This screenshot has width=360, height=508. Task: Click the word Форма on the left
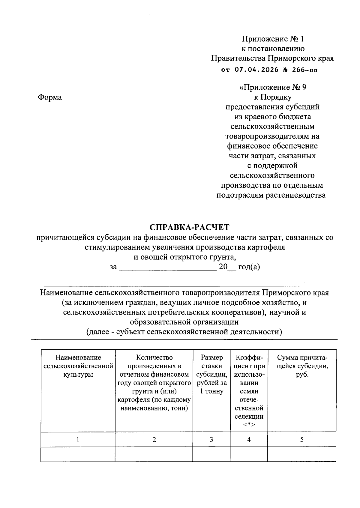coord(50,97)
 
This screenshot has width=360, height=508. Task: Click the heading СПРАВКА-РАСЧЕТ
coord(189,227)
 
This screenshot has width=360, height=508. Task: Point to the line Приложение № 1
coord(273,39)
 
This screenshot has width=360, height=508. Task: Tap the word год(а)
coord(249,267)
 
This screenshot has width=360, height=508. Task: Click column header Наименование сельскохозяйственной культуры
coord(78,366)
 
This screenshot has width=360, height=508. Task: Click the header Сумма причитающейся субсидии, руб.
coord(302,366)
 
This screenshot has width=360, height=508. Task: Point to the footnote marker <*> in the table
coord(249,425)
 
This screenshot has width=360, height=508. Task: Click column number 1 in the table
coord(78,440)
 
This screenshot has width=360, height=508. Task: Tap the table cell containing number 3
coord(211,440)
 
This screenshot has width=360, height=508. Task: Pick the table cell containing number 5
coord(302,440)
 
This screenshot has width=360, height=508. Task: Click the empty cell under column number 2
coord(154,454)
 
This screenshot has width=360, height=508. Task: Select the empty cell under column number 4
coord(249,454)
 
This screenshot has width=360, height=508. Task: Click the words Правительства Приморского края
coord(272,58)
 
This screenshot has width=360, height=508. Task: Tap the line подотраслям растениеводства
coord(271,196)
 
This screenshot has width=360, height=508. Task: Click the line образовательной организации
coord(184,322)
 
